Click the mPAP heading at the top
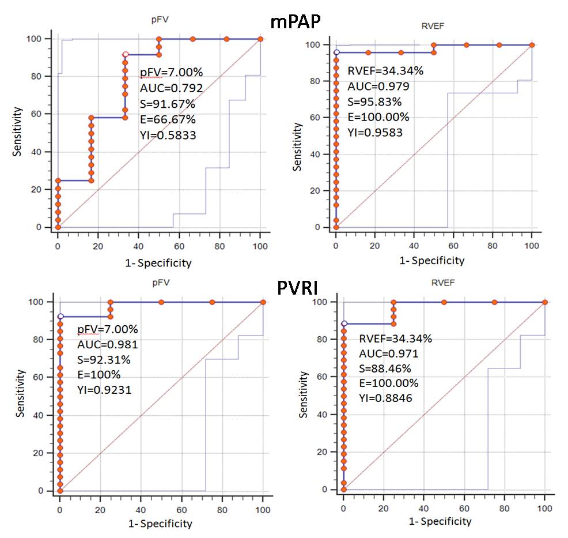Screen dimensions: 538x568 (296, 21)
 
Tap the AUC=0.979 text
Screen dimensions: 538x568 (377, 86)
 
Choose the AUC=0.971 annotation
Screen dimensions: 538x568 (389, 353)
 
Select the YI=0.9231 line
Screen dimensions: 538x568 (104, 390)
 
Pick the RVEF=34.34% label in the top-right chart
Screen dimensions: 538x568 (385, 72)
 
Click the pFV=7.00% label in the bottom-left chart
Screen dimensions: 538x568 (107, 329)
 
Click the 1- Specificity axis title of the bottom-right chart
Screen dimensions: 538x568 (440, 521)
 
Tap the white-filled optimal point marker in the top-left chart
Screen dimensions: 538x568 (125, 55)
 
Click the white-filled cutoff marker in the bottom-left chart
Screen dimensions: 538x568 (60, 317)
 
